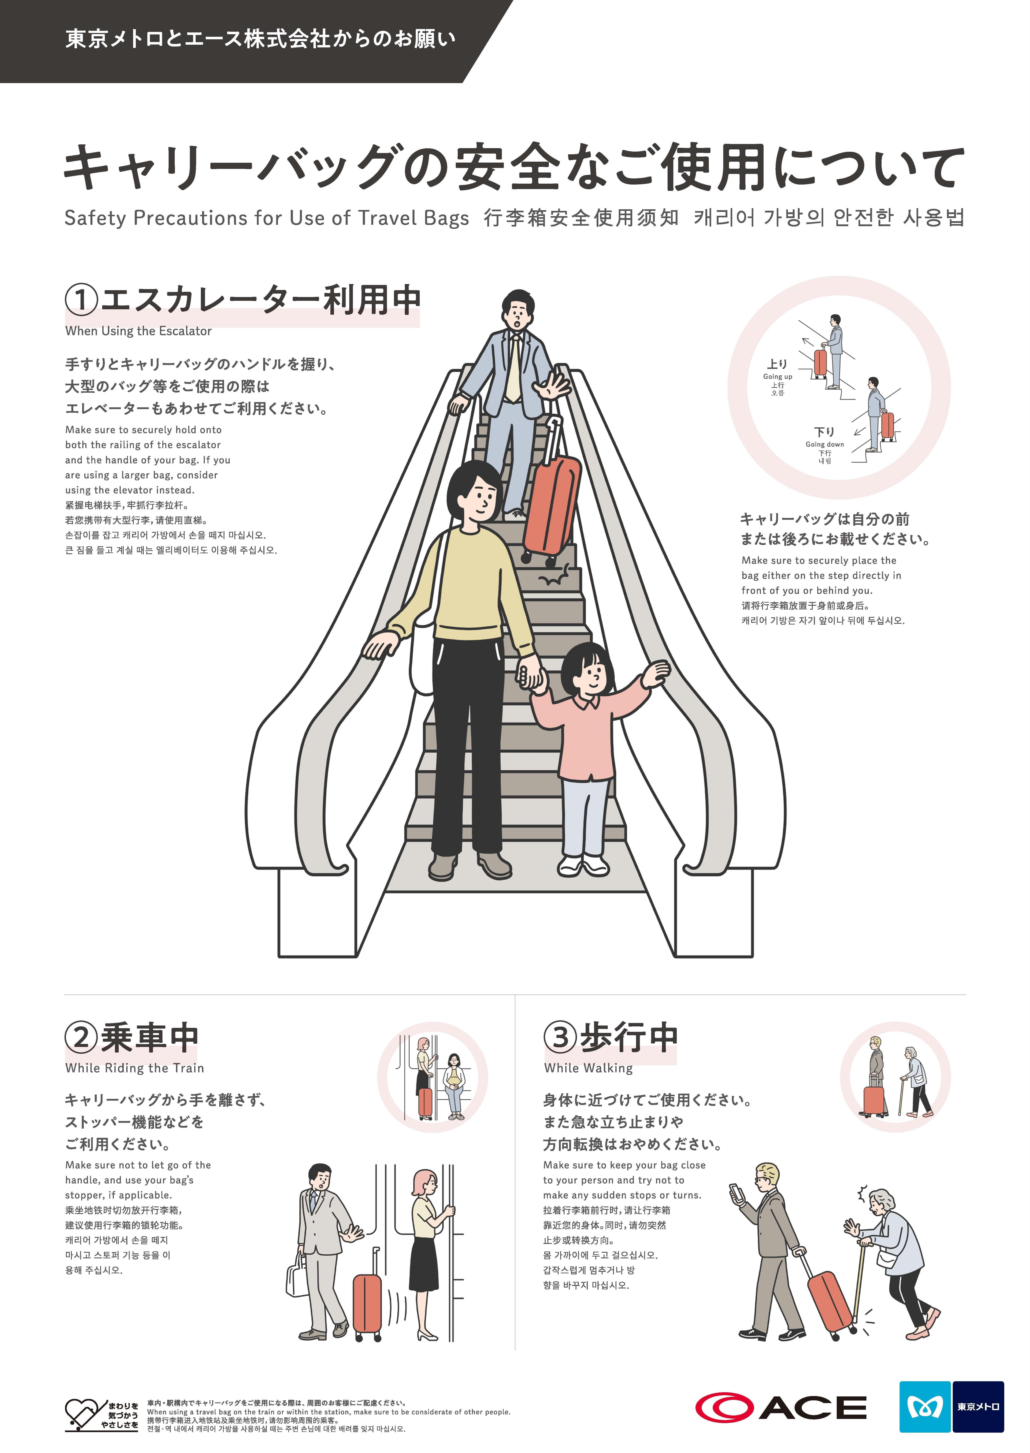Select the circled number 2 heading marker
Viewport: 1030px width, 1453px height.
click(x=81, y=1037)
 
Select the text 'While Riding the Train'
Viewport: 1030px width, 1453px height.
click(x=134, y=1069)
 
